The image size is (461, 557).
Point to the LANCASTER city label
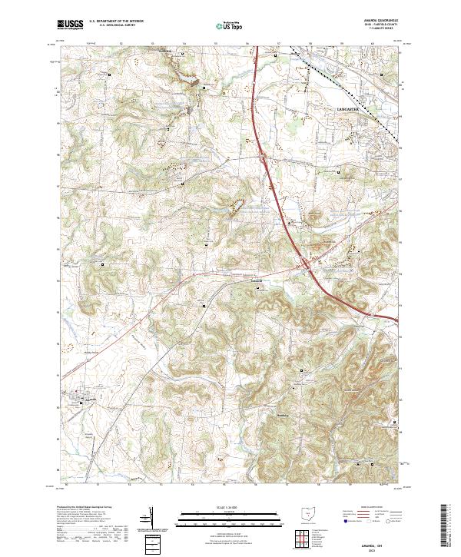point(349,110)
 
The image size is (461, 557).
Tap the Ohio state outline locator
point(309,513)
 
